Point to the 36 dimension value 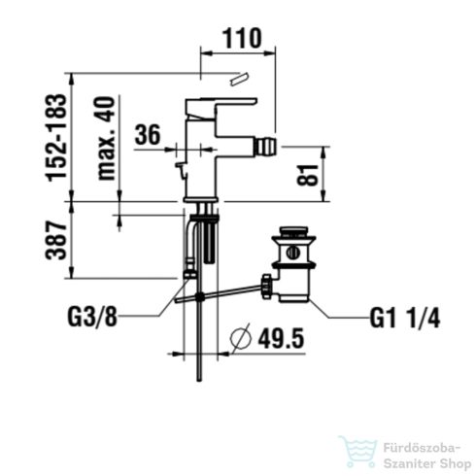[147, 135]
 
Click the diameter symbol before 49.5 [243, 339]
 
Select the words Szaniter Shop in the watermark [424, 461]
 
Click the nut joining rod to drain [266, 283]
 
